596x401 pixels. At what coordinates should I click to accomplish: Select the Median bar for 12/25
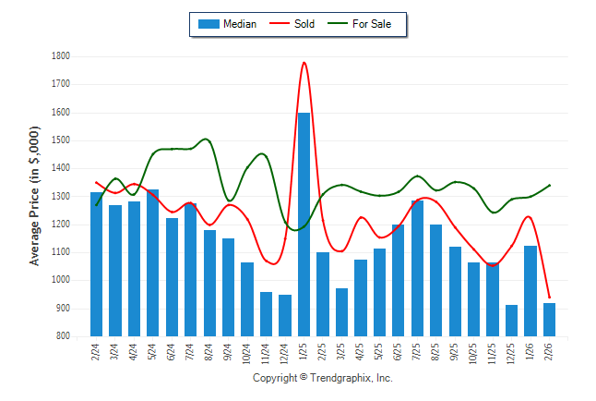coord(512,321)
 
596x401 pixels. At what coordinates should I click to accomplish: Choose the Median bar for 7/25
coord(417,268)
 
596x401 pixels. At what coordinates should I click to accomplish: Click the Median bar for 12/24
coord(285,315)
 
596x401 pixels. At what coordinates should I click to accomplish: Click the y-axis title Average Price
coord(35,197)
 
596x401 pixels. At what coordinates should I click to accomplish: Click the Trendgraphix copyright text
coord(323,378)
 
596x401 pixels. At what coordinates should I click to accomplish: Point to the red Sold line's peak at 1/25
coord(304,63)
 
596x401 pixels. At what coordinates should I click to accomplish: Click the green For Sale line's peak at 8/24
coord(205,140)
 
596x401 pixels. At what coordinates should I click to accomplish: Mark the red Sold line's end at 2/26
coord(550,298)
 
